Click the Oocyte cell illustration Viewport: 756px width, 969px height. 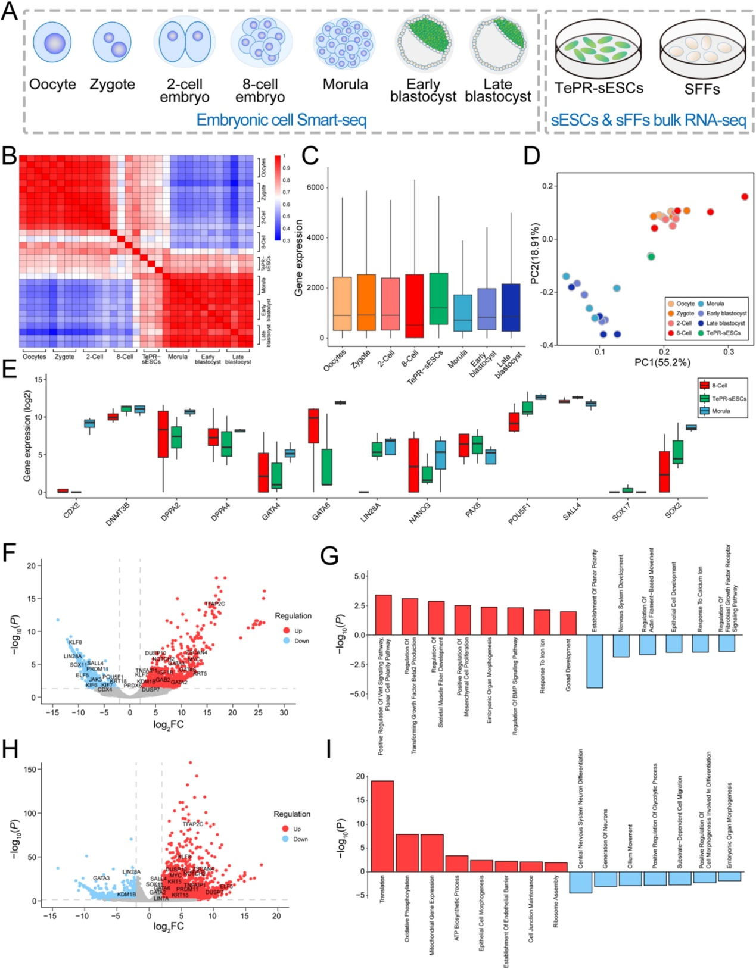[52, 42]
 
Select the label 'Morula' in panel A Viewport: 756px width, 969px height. [345, 85]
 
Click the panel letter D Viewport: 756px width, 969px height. [531, 156]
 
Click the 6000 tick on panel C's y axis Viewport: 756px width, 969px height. [315, 187]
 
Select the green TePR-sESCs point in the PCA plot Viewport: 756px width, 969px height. [651, 257]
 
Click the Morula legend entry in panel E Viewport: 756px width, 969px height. [720, 411]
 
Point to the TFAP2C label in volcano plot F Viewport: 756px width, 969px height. [214, 604]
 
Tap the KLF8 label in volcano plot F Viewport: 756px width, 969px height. [75, 642]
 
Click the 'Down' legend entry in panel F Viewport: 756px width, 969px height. [301, 641]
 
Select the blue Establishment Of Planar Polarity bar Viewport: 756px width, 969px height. [595, 661]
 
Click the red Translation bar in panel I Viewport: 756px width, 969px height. [382, 826]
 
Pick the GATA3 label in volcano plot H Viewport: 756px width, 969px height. [101, 878]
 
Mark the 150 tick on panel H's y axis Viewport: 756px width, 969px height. [30, 769]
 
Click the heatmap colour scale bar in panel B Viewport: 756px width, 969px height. [278, 198]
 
